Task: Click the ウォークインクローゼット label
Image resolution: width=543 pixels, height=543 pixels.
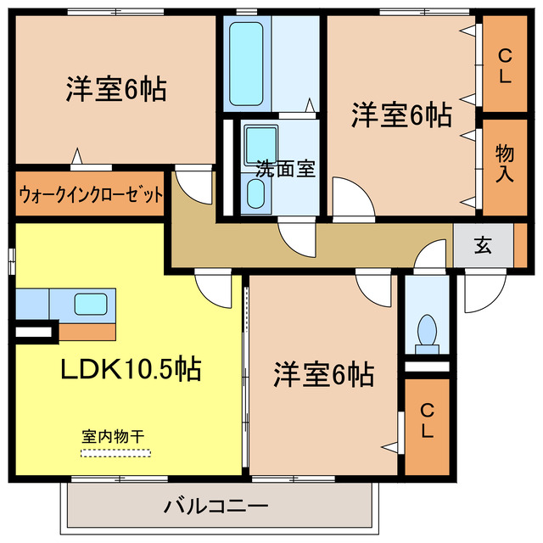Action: tap(90, 194)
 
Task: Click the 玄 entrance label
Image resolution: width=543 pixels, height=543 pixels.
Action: tap(483, 246)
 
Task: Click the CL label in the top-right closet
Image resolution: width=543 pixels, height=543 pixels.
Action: tap(505, 67)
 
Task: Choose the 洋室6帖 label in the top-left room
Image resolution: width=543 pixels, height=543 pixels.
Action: tap(115, 90)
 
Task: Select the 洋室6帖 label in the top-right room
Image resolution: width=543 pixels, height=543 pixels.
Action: tap(402, 115)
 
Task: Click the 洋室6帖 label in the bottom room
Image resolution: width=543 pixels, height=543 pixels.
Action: tap(323, 373)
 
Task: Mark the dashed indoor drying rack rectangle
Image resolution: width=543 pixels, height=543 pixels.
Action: tap(115, 451)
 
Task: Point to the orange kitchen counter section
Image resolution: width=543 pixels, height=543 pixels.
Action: tap(87, 331)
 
